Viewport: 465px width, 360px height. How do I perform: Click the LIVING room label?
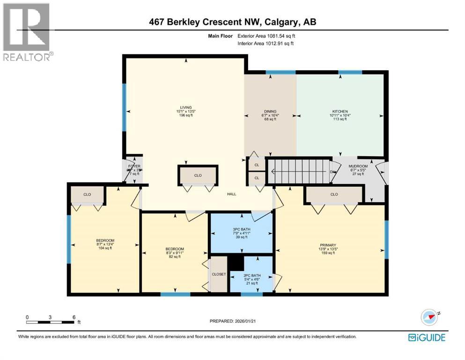(185, 107)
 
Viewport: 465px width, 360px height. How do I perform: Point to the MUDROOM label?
(357, 166)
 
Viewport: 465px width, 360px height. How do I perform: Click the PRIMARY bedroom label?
(328, 244)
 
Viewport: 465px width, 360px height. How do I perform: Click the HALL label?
(231, 194)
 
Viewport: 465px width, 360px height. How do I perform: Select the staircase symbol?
(299, 172)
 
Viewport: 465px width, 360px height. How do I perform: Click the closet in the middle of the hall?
(198, 175)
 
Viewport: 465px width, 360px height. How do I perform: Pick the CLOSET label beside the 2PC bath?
(219, 274)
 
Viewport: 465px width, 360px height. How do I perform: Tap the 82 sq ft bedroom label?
(174, 249)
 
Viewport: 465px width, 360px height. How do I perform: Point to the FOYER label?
(134, 166)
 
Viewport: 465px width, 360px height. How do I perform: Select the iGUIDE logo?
(427, 337)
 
